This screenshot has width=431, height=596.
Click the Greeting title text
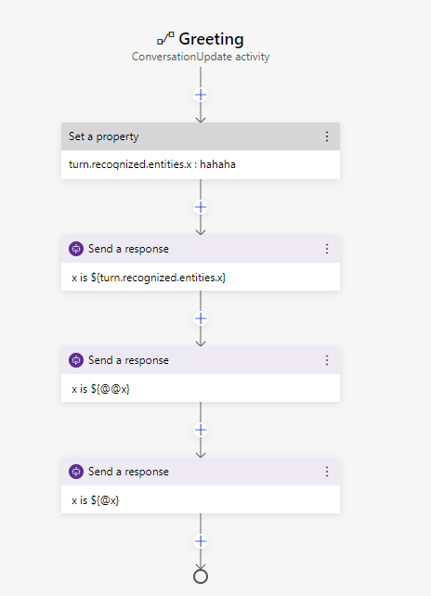[x=211, y=40]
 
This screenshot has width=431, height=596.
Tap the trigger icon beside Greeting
[x=165, y=38]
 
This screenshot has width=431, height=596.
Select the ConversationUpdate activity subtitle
[x=201, y=57]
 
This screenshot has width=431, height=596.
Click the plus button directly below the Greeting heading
[x=201, y=95]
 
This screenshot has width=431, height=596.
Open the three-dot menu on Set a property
[x=327, y=136]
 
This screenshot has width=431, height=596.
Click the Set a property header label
[x=103, y=136]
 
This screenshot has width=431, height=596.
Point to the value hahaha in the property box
[x=217, y=164]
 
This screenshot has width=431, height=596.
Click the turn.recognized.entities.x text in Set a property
[x=130, y=164]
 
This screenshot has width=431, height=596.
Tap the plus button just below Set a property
[x=201, y=207]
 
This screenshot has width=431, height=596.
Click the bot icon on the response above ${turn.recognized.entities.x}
[x=76, y=249]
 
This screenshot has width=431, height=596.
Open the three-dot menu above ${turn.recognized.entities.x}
[x=327, y=249]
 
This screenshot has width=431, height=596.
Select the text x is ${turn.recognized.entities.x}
[x=149, y=278]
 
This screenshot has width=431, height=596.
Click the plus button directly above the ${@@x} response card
[x=201, y=318]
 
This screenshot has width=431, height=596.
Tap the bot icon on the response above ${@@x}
[x=76, y=360]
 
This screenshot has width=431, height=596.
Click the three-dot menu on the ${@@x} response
[x=327, y=360]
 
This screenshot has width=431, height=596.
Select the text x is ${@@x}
[x=100, y=389]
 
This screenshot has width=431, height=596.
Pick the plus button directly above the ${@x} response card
[x=201, y=430]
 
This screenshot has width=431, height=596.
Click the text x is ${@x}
[x=95, y=500]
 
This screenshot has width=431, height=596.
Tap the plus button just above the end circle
[x=201, y=541]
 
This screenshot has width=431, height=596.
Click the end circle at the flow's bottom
[x=201, y=570]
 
